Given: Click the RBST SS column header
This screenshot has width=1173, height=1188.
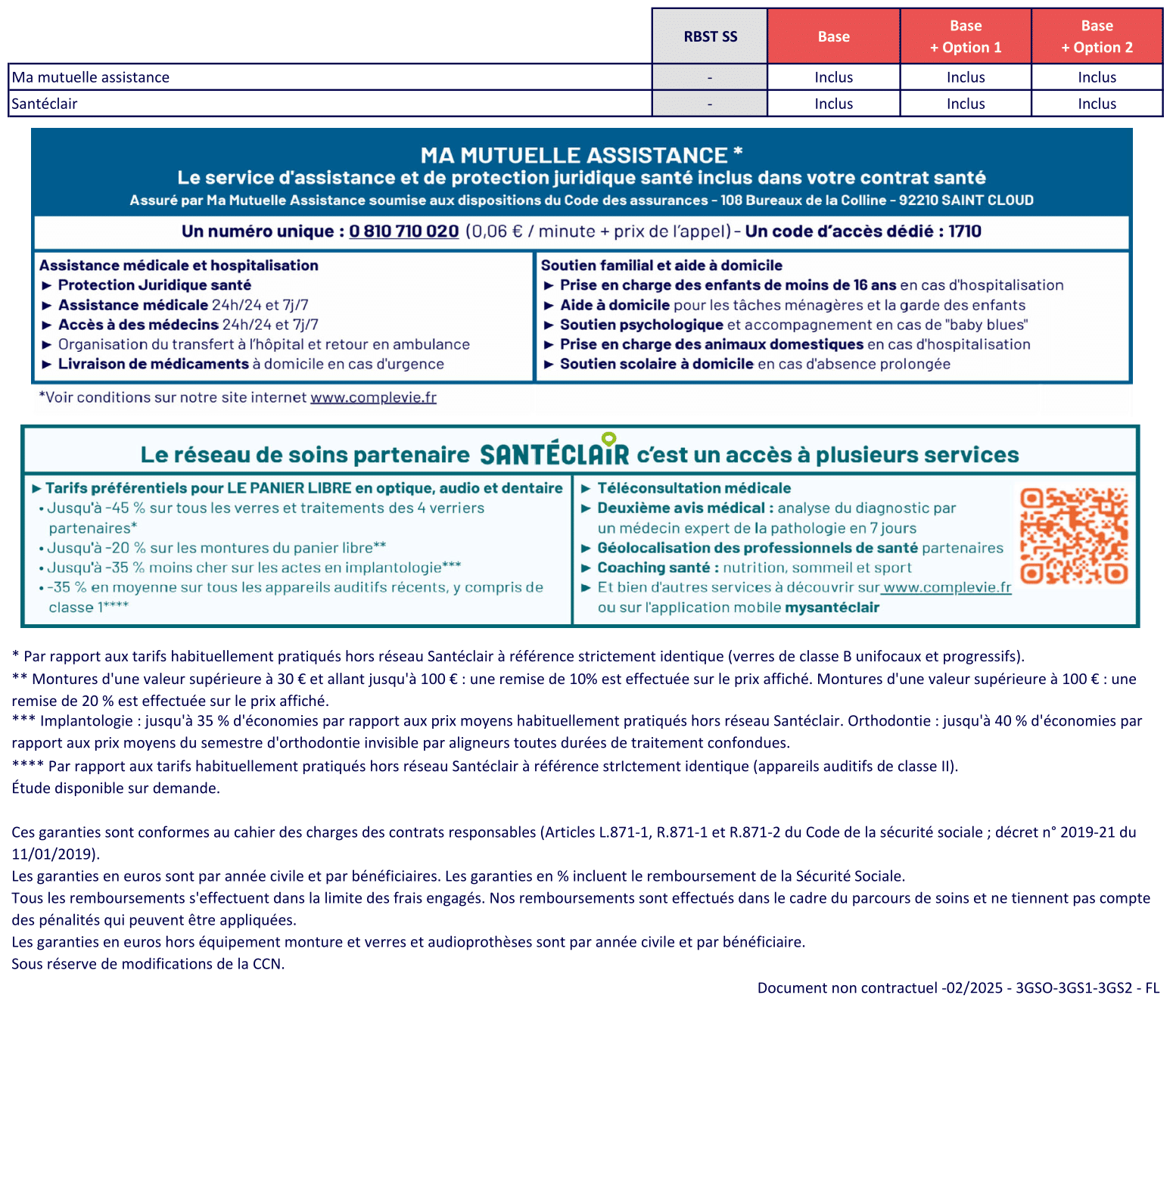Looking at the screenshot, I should pyautogui.click(x=710, y=36).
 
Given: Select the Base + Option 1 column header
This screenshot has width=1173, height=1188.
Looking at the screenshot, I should pyautogui.click(x=966, y=36).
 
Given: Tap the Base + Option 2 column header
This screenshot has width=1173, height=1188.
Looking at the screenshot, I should pyautogui.click(x=1097, y=36).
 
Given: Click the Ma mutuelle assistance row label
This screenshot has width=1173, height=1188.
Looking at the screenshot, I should pyautogui.click(x=91, y=77).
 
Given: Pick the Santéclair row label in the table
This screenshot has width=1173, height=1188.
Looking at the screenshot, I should pyautogui.click(x=45, y=104).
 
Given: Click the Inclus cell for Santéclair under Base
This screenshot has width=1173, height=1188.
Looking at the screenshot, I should pyautogui.click(x=833, y=104).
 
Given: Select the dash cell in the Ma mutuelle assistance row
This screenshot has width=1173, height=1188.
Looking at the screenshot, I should pyautogui.click(x=710, y=77).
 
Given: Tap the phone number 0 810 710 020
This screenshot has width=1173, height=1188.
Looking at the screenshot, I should pyautogui.click(x=403, y=232).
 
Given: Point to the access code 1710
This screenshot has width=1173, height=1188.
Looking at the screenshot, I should pyautogui.click(x=965, y=232).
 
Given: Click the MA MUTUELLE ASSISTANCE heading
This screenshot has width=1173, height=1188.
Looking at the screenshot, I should pyautogui.click(x=581, y=155).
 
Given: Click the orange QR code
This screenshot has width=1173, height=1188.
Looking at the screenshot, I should pyautogui.click(x=1074, y=536).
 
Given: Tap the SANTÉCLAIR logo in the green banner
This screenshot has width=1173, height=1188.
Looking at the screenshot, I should pyautogui.click(x=554, y=454).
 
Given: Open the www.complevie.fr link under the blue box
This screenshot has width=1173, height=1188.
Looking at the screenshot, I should pyautogui.click(x=373, y=397).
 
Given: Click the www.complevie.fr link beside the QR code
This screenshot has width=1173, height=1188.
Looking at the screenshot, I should pyautogui.click(x=947, y=587).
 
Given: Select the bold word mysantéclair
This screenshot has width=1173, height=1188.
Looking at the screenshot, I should pyautogui.click(x=832, y=608).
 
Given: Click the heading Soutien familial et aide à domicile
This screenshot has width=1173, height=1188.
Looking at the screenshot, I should pyautogui.click(x=661, y=266).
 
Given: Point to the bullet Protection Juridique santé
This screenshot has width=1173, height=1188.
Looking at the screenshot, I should pyautogui.click(x=154, y=285).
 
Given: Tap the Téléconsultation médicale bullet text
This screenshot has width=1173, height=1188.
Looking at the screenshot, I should pyautogui.click(x=694, y=488).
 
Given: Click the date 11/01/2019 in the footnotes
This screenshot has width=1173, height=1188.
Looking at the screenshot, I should pyautogui.click(x=53, y=854).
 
